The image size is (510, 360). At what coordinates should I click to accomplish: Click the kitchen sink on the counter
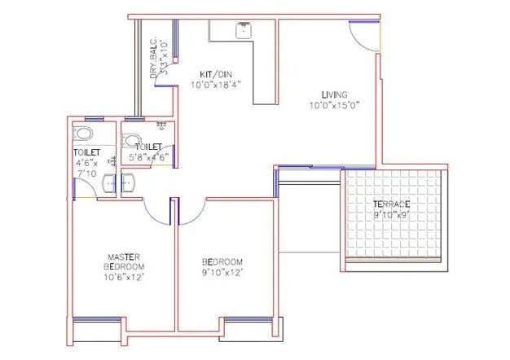(x=242, y=31)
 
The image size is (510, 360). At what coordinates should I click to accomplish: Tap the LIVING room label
(x=334, y=94)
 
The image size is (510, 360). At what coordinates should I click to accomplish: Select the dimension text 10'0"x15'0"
(x=334, y=105)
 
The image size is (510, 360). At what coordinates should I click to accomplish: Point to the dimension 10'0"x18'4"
(x=216, y=85)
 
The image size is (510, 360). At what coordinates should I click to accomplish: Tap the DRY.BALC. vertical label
(x=153, y=57)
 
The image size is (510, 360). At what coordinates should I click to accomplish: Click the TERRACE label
(x=391, y=204)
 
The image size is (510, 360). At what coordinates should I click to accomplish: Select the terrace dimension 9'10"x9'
(x=391, y=215)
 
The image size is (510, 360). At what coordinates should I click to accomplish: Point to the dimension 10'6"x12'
(x=124, y=278)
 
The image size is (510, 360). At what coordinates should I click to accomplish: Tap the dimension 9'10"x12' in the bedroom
(x=222, y=273)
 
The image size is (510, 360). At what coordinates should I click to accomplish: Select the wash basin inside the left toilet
(x=108, y=184)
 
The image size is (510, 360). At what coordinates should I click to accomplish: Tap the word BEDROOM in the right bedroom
(x=222, y=261)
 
